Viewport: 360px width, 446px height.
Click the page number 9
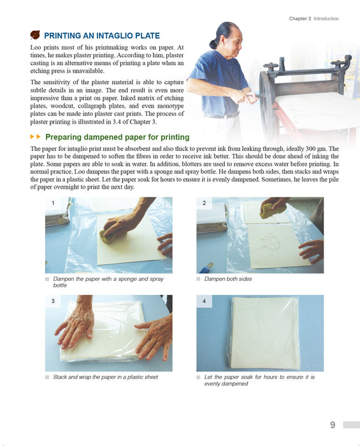coord(333,425)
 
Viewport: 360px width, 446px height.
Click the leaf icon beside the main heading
coord(35,35)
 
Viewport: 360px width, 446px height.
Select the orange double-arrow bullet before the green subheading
coord(36,137)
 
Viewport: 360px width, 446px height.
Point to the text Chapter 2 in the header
coord(300,18)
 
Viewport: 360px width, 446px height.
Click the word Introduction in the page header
coord(326,18)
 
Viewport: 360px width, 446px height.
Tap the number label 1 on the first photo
coord(53,203)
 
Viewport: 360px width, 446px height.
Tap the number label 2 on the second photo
coord(204,203)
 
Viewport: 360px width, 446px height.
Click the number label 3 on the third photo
coord(53,301)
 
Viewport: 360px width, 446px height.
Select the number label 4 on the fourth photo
coord(204,301)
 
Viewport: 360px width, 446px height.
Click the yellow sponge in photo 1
coord(106,236)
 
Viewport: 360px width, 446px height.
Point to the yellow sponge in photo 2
coord(271,210)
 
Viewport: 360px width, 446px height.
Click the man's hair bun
coord(214,44)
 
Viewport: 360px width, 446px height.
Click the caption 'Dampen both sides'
coord(228,279)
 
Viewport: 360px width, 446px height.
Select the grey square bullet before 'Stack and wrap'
coord(47,377)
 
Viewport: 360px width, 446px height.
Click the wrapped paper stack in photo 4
coord(264,332)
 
